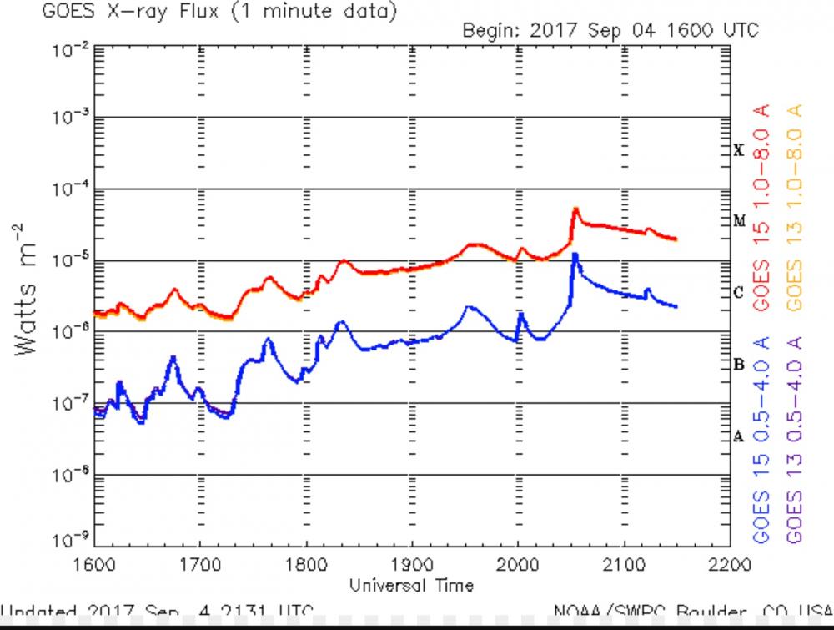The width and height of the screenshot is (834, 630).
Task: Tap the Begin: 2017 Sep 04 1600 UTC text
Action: point(610,31)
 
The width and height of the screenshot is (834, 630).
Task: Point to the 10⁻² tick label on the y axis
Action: point(70,48)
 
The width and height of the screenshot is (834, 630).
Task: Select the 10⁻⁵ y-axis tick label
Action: point(70,261)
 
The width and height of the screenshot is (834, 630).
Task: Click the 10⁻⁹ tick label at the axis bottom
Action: point(70,542)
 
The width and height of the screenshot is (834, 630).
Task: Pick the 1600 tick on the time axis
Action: point(94,565)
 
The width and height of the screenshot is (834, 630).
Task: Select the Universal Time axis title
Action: point(412,584)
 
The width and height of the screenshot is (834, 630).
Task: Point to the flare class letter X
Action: point(738,150)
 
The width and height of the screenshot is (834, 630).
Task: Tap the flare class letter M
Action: point(738,221)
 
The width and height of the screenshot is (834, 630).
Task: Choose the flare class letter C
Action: point(738,293)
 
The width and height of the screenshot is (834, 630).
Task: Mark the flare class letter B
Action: point(738,364)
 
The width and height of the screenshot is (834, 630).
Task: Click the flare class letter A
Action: point(738,436)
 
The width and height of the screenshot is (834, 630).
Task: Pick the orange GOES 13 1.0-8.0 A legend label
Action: point(793,209)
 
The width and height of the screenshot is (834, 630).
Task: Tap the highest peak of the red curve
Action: point(575,209)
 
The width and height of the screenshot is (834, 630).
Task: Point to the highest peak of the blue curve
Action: point(575,254)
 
